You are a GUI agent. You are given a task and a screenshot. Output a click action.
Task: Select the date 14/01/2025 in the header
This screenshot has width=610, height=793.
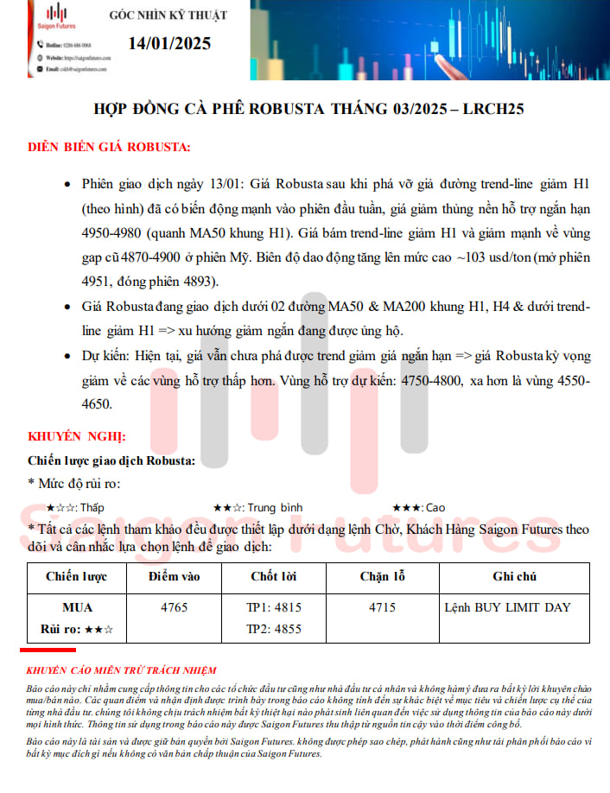168,43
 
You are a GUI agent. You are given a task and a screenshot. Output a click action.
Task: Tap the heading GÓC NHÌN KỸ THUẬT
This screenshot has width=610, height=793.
168,16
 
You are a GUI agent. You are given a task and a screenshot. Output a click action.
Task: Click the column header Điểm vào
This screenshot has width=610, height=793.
174,576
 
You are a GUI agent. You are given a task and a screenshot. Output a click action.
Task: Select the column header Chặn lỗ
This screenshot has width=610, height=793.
382,576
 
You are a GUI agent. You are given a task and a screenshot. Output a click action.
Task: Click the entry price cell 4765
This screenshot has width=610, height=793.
174,607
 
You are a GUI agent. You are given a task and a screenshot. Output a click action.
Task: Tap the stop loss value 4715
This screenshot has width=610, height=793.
382,607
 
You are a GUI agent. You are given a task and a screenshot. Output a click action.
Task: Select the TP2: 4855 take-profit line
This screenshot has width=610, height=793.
274,629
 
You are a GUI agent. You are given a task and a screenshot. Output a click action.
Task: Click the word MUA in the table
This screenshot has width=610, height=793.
77,607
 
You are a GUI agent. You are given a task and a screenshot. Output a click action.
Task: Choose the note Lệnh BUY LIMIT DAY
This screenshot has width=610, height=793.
507,607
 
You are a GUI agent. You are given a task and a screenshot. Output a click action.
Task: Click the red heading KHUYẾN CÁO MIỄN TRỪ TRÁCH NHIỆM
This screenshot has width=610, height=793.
122,670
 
